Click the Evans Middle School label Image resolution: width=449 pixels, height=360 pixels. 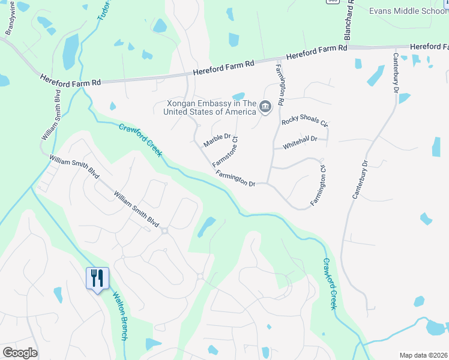pyautogui.click(x=409, y=11)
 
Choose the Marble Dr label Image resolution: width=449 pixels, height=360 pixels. pyautogui.click(x=217, y=140)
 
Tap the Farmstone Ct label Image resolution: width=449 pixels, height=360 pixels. pyautogui.click(x=226, y=152)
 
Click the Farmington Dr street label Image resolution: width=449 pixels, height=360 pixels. pyautogui.click(x=237, y=178)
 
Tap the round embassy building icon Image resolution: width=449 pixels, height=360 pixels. pyautogui.click(x=266, y=107)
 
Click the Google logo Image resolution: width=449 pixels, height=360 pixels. pyautogui.click(x=20, y=353)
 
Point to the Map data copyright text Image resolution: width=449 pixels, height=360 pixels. pyautogui.click(x=423, y=355)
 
